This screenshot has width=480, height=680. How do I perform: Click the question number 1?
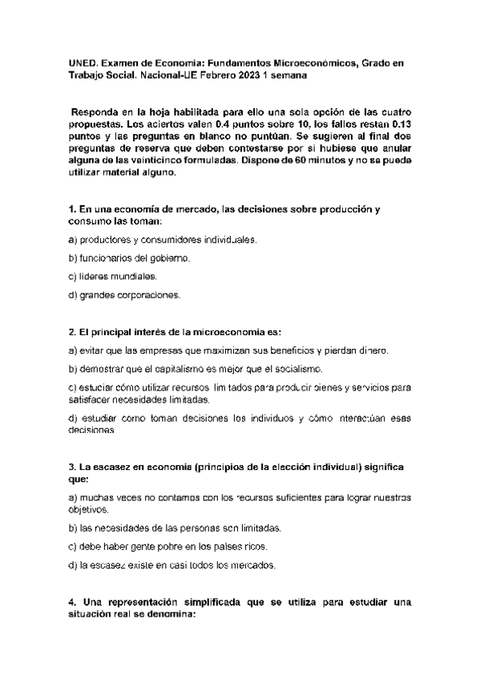coord(72,208)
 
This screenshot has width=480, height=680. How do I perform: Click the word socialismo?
coord(297,369)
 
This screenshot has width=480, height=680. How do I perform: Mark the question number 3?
coord(72,466)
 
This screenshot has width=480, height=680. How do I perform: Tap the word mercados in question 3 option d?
coord(253,565)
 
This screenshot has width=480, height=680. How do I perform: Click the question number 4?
coord(72,601)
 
